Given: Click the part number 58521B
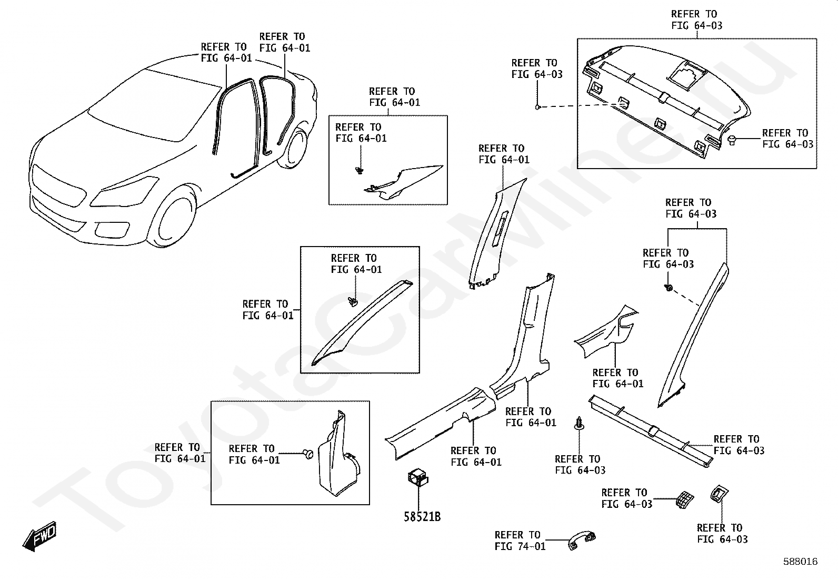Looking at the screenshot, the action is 422,517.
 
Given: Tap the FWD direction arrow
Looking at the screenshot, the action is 40,536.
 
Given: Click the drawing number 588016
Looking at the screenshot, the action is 801,562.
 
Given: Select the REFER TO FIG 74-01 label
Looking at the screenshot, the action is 520,541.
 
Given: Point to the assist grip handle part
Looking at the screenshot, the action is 582,541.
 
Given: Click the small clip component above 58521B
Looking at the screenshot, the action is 418,477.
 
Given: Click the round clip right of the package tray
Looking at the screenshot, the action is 732,141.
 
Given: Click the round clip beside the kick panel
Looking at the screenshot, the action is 309,454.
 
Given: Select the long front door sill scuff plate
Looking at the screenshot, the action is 441,424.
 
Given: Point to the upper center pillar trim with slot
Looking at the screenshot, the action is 497,234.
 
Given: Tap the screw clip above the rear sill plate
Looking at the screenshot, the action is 579,423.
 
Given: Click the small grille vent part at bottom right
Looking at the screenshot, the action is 685,499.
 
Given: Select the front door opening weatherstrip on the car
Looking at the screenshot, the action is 236,127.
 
